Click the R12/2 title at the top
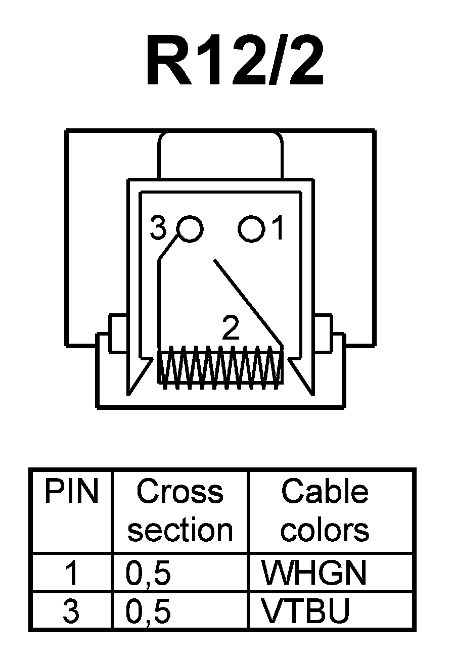(x=234, y=62)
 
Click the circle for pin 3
(x=190, y=229)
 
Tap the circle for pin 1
(x=251, y=229)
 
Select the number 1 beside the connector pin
(x=278, y=229)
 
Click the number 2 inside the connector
(x=231, y=329)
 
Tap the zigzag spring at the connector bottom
(x=220, y=368)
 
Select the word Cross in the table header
(x=180, y=491)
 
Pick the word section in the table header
(x=180, y=530)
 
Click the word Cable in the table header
(x=325, y=491)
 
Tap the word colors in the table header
(x=325, y=530)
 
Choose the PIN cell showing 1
(x=71, y=574)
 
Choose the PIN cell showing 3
(x=71, y=611)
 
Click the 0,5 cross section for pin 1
(x=149, y=574)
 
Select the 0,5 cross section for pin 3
(x=149, y=611)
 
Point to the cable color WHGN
(x=313, y=574)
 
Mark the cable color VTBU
(x=305, y=611)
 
